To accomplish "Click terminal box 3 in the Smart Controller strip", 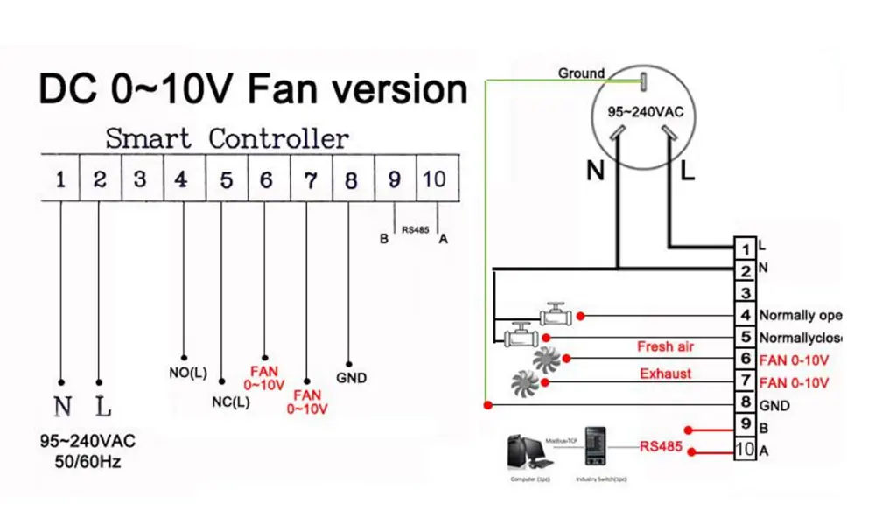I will tap(140, 179).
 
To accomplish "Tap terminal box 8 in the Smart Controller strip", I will tap(351, 179).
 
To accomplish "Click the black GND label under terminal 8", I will tap(351, 378).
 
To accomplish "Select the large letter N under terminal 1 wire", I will tap(62, 407).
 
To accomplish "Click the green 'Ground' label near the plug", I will tap(581, 73).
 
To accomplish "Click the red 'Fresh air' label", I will tap(667, 346).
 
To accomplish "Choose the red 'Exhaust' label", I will tap(665, 374).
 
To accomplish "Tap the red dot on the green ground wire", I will tap(486, 405).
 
